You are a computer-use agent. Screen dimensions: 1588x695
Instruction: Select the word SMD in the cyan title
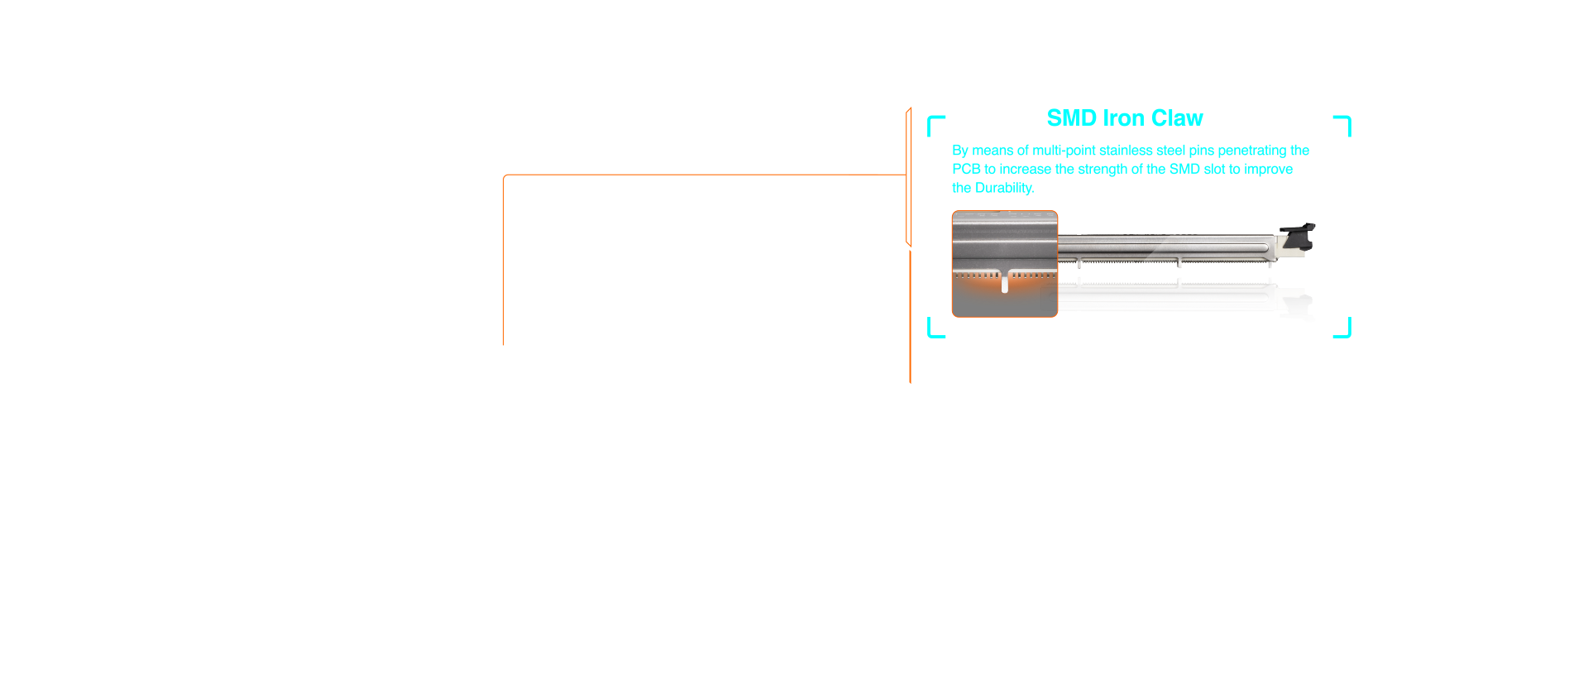pos(1072,118)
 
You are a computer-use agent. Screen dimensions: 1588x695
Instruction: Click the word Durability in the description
pos(1004,188)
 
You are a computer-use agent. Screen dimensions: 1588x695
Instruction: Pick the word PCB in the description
pos(966,169)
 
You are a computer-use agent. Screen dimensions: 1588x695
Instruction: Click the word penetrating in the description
pos(1252,151)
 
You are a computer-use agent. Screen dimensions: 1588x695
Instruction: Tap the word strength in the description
pos(1103,170)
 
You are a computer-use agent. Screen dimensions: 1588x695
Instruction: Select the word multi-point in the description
pos(1064,151)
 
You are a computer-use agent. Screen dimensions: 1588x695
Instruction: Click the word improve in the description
pos(1269,170)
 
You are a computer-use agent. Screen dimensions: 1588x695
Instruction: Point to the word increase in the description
pos(1025,170)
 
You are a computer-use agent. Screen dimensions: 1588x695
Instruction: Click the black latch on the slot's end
pos(1298,236)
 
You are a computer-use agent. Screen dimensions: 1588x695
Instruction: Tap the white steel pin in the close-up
pos(1005,282)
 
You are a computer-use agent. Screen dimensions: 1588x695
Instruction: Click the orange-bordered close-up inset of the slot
pos(1005,264)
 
